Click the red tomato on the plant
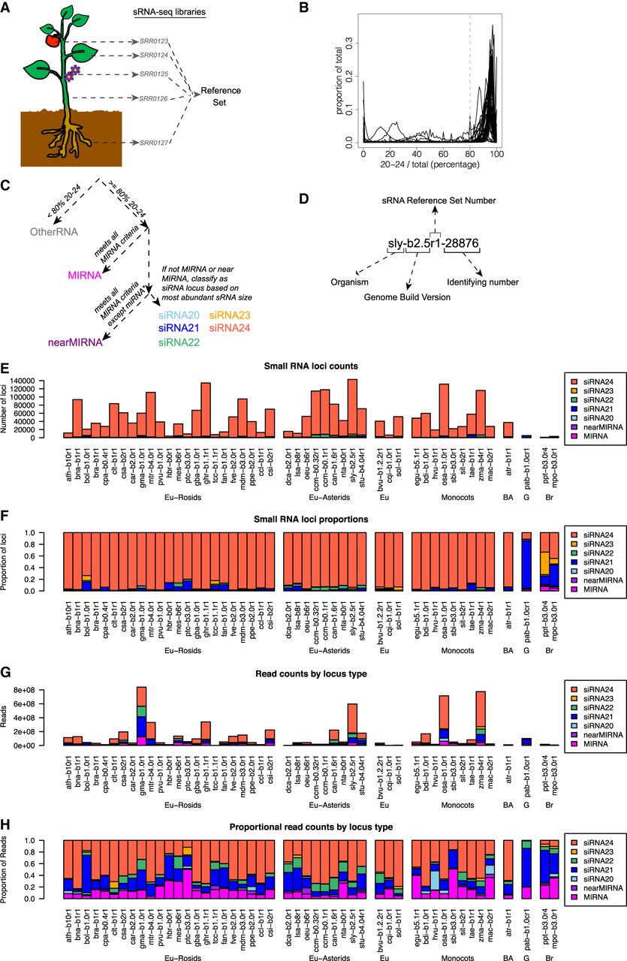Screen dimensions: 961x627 click(51, 39)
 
